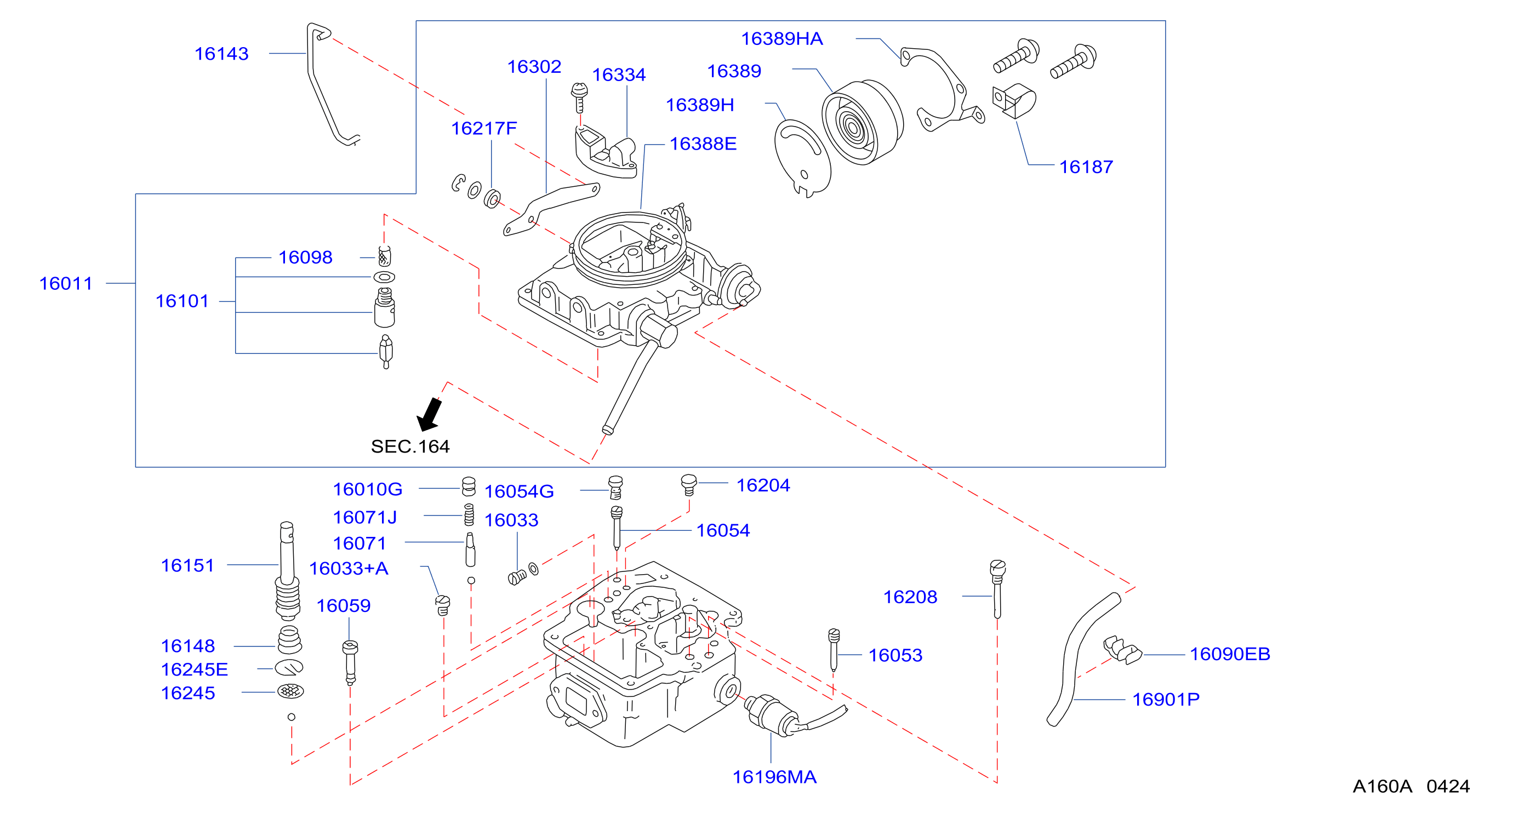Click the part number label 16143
(x=221, y=54)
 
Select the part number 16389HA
(x=781, y=38)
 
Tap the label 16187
(x=1086, y=167)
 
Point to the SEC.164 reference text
(x=410, y=446)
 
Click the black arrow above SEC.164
(x=430, y=414)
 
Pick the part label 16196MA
(x=774, y=777)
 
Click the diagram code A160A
(x=1382, y=786)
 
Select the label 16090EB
(x=1230, y=654)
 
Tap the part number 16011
(x=66, y=284)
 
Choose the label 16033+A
(x=349, y=569)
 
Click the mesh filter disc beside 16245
(x=291, y=691)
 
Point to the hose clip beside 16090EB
(x=1122, y=649)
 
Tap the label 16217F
(x=484, y=128)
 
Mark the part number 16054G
(x=519, y=491)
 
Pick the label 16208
(x=910, y=597)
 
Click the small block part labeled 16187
(x=1014, y=100)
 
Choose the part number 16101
(x=182, y=301)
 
